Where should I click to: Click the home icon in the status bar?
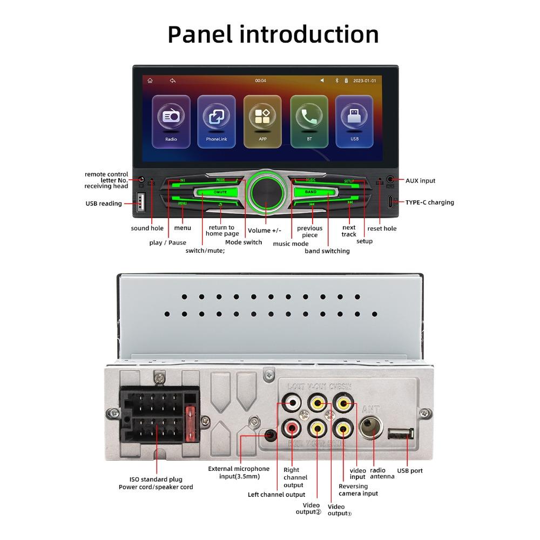tap(150, 80)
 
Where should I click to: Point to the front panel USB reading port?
tap(141, 203)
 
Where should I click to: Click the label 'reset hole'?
tap(382, 228)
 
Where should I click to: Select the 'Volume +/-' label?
tap(264, 231)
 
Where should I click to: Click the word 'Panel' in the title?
tap(200, 35)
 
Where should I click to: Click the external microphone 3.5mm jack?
tap(271, 434)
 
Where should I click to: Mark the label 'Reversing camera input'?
tap(358, 490)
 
